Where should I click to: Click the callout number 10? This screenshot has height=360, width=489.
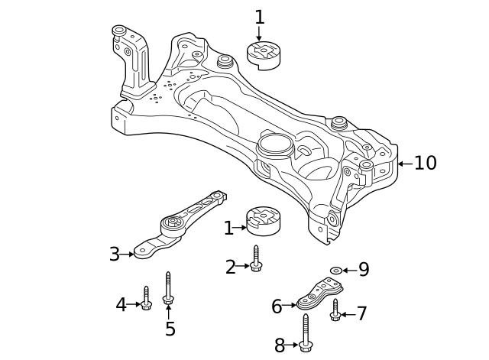(426, 163)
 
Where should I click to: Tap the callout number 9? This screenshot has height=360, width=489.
(364, 269)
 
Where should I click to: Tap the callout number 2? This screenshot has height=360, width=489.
(230, 266)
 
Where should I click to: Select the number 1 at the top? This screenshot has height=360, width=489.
(259, 16)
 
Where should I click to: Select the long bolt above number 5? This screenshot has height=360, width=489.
(168, 288)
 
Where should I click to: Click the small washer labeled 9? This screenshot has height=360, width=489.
(335, 270)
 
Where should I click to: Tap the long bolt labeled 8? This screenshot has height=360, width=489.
(306, 335)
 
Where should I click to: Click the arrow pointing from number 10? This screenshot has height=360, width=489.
(403, 163)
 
